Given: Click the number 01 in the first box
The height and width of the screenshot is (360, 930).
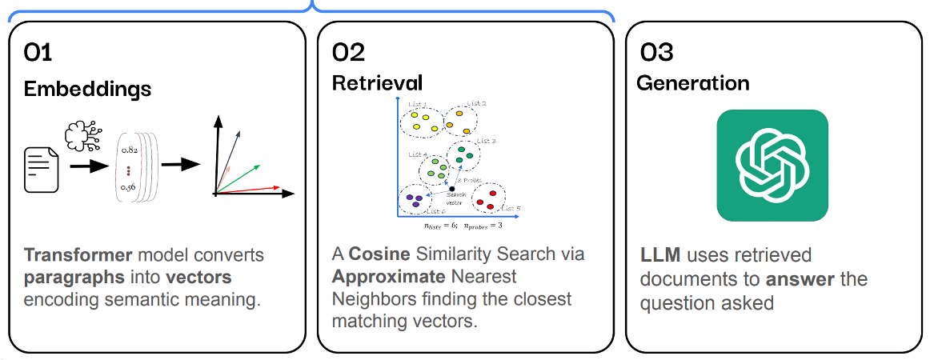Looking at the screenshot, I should [38, 54].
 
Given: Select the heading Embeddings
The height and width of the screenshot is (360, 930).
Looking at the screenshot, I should [87, 88].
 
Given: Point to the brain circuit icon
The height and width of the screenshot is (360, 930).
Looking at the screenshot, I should [83, 136].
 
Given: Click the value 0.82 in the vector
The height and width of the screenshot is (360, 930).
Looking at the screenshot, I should [130, 150].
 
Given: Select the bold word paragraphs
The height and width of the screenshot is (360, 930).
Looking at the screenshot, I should [69, 278].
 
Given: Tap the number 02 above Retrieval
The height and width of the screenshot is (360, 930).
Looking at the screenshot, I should [348, 54].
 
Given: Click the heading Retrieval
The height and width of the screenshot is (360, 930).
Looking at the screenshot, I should [377, 82].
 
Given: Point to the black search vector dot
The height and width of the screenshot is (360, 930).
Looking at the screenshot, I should [453, 188].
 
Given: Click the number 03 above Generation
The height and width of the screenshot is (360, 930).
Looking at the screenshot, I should [656, 54].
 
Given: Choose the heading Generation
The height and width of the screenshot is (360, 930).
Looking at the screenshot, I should [692, 83].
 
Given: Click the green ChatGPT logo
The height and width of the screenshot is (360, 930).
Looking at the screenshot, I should [772, 165].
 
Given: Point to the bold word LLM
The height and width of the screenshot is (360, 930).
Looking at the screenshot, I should [659, 256].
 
